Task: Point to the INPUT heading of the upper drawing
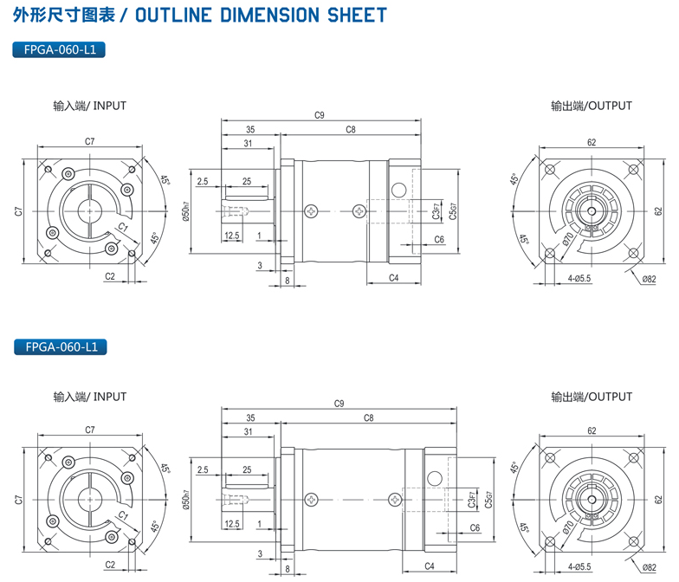[110, 106]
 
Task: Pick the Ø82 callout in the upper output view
[650, 278]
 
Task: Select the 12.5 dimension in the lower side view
[231, 524]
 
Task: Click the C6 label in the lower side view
[475, 527]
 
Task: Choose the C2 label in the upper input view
[110, 276]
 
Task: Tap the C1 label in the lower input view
[123, 516]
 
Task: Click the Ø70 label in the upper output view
[569, 238]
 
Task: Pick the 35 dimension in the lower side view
[249, 417]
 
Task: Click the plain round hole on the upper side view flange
[398, 190]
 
